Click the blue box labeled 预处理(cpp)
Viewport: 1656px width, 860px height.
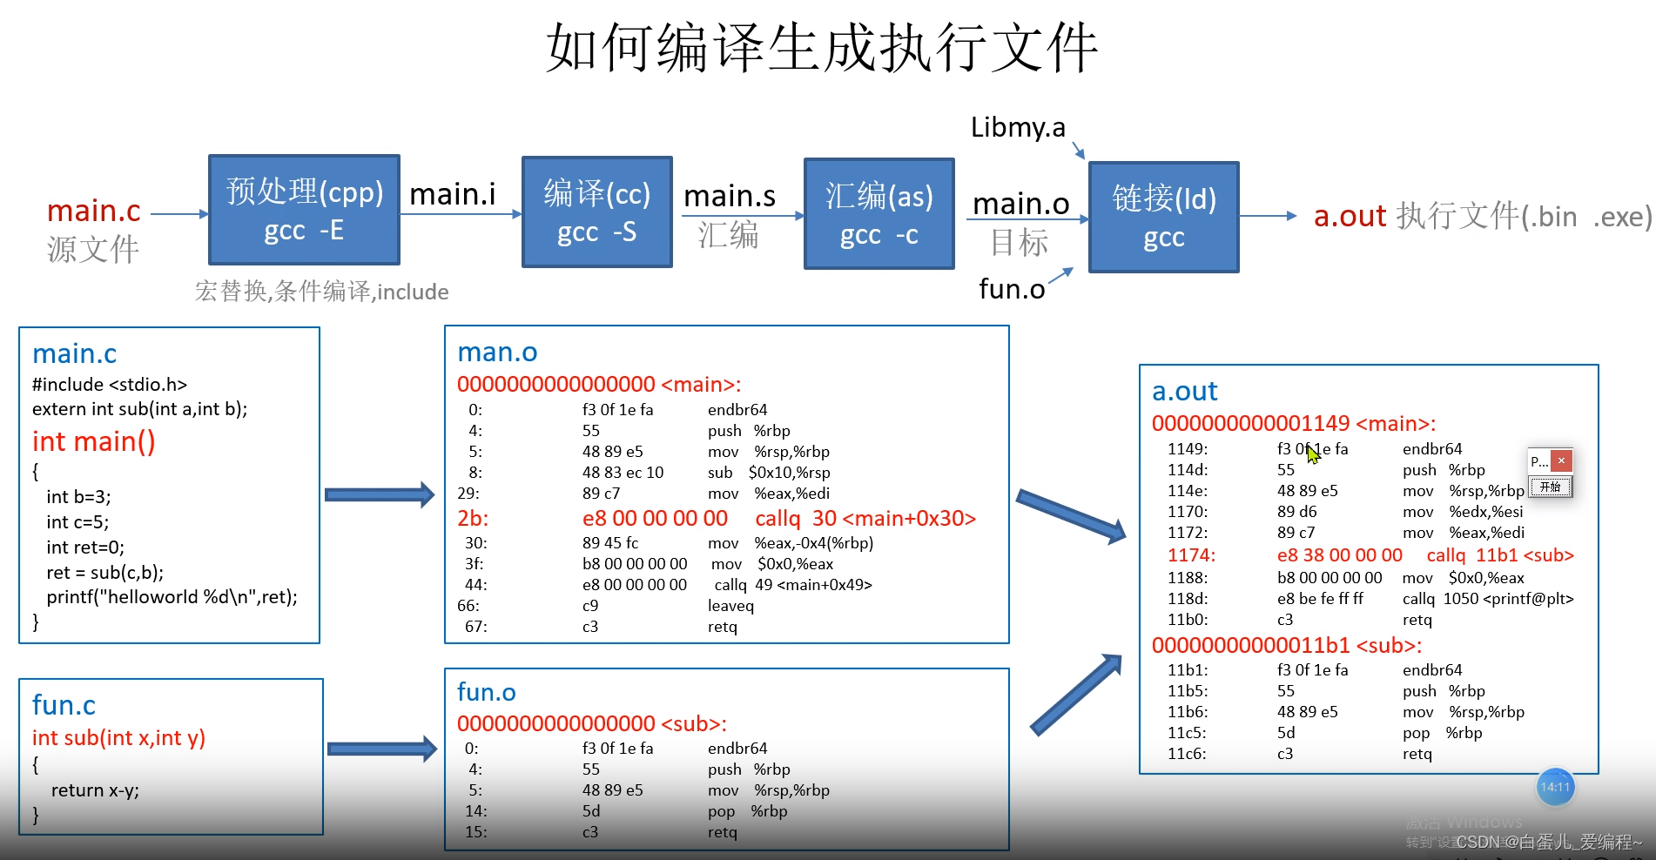click(x=304, y=210)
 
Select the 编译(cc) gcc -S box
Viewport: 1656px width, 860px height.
click(x=596, y=212)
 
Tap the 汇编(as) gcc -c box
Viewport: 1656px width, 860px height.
click(x=878, y=214)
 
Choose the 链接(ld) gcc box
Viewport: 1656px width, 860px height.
click(x=1163, y=217)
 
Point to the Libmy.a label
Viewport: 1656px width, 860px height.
click(x=1017, y=128)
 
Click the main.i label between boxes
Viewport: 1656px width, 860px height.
click(x=452, y=194)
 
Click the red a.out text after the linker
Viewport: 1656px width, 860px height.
click(x=1349, y=216)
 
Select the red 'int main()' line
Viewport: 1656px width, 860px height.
click(x=94, y=442)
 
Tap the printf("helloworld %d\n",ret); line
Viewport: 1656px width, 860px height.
click(x=172, y=597)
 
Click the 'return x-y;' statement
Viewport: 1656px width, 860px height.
click(x=95, y=790)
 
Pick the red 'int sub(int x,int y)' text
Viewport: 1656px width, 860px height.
click(x=118, y=738)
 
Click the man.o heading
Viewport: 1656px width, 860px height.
click(x=497, y=353)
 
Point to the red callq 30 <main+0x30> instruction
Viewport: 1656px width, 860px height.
click(x=865, y=519)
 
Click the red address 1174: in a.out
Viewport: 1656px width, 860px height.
click(x=1190, y=555)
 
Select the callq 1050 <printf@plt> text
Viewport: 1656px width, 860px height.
click(x=1487, y=599)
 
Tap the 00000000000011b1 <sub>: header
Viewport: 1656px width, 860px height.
click(x=1286, y=646)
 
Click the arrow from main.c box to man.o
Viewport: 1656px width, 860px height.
click(x=380, y=494)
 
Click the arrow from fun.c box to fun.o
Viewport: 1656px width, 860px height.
click(x=381, y=749)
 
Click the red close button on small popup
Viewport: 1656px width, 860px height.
click(x=1561, y=460)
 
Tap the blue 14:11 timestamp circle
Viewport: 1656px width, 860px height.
click(x=1555, y=788)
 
